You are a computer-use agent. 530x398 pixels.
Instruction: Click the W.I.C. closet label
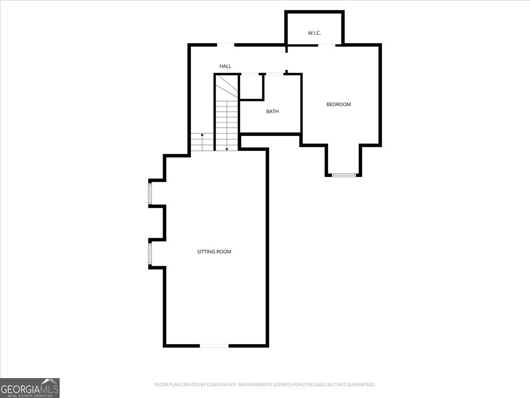click(314, 33)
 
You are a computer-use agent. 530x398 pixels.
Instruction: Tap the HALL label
click(225, 66)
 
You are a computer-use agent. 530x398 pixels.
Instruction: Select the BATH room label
click(272, 111)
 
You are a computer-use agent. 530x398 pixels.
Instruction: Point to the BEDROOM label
click(339, 104)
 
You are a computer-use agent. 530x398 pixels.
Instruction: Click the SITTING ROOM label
click(214, 252)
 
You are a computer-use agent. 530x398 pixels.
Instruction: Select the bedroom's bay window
click(344, 175)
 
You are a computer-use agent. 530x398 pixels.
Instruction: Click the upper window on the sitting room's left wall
click(150, 194)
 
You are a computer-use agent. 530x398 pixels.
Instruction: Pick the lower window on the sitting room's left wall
click(150, 254)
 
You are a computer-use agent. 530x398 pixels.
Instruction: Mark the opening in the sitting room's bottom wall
click(214, 345)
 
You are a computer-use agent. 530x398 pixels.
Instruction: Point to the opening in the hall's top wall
click(225, 45)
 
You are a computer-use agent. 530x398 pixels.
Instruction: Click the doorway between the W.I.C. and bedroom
click(326, 45)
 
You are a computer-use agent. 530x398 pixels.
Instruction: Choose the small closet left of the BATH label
click(251, 87)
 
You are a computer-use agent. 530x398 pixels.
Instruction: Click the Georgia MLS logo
click(30, 388)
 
